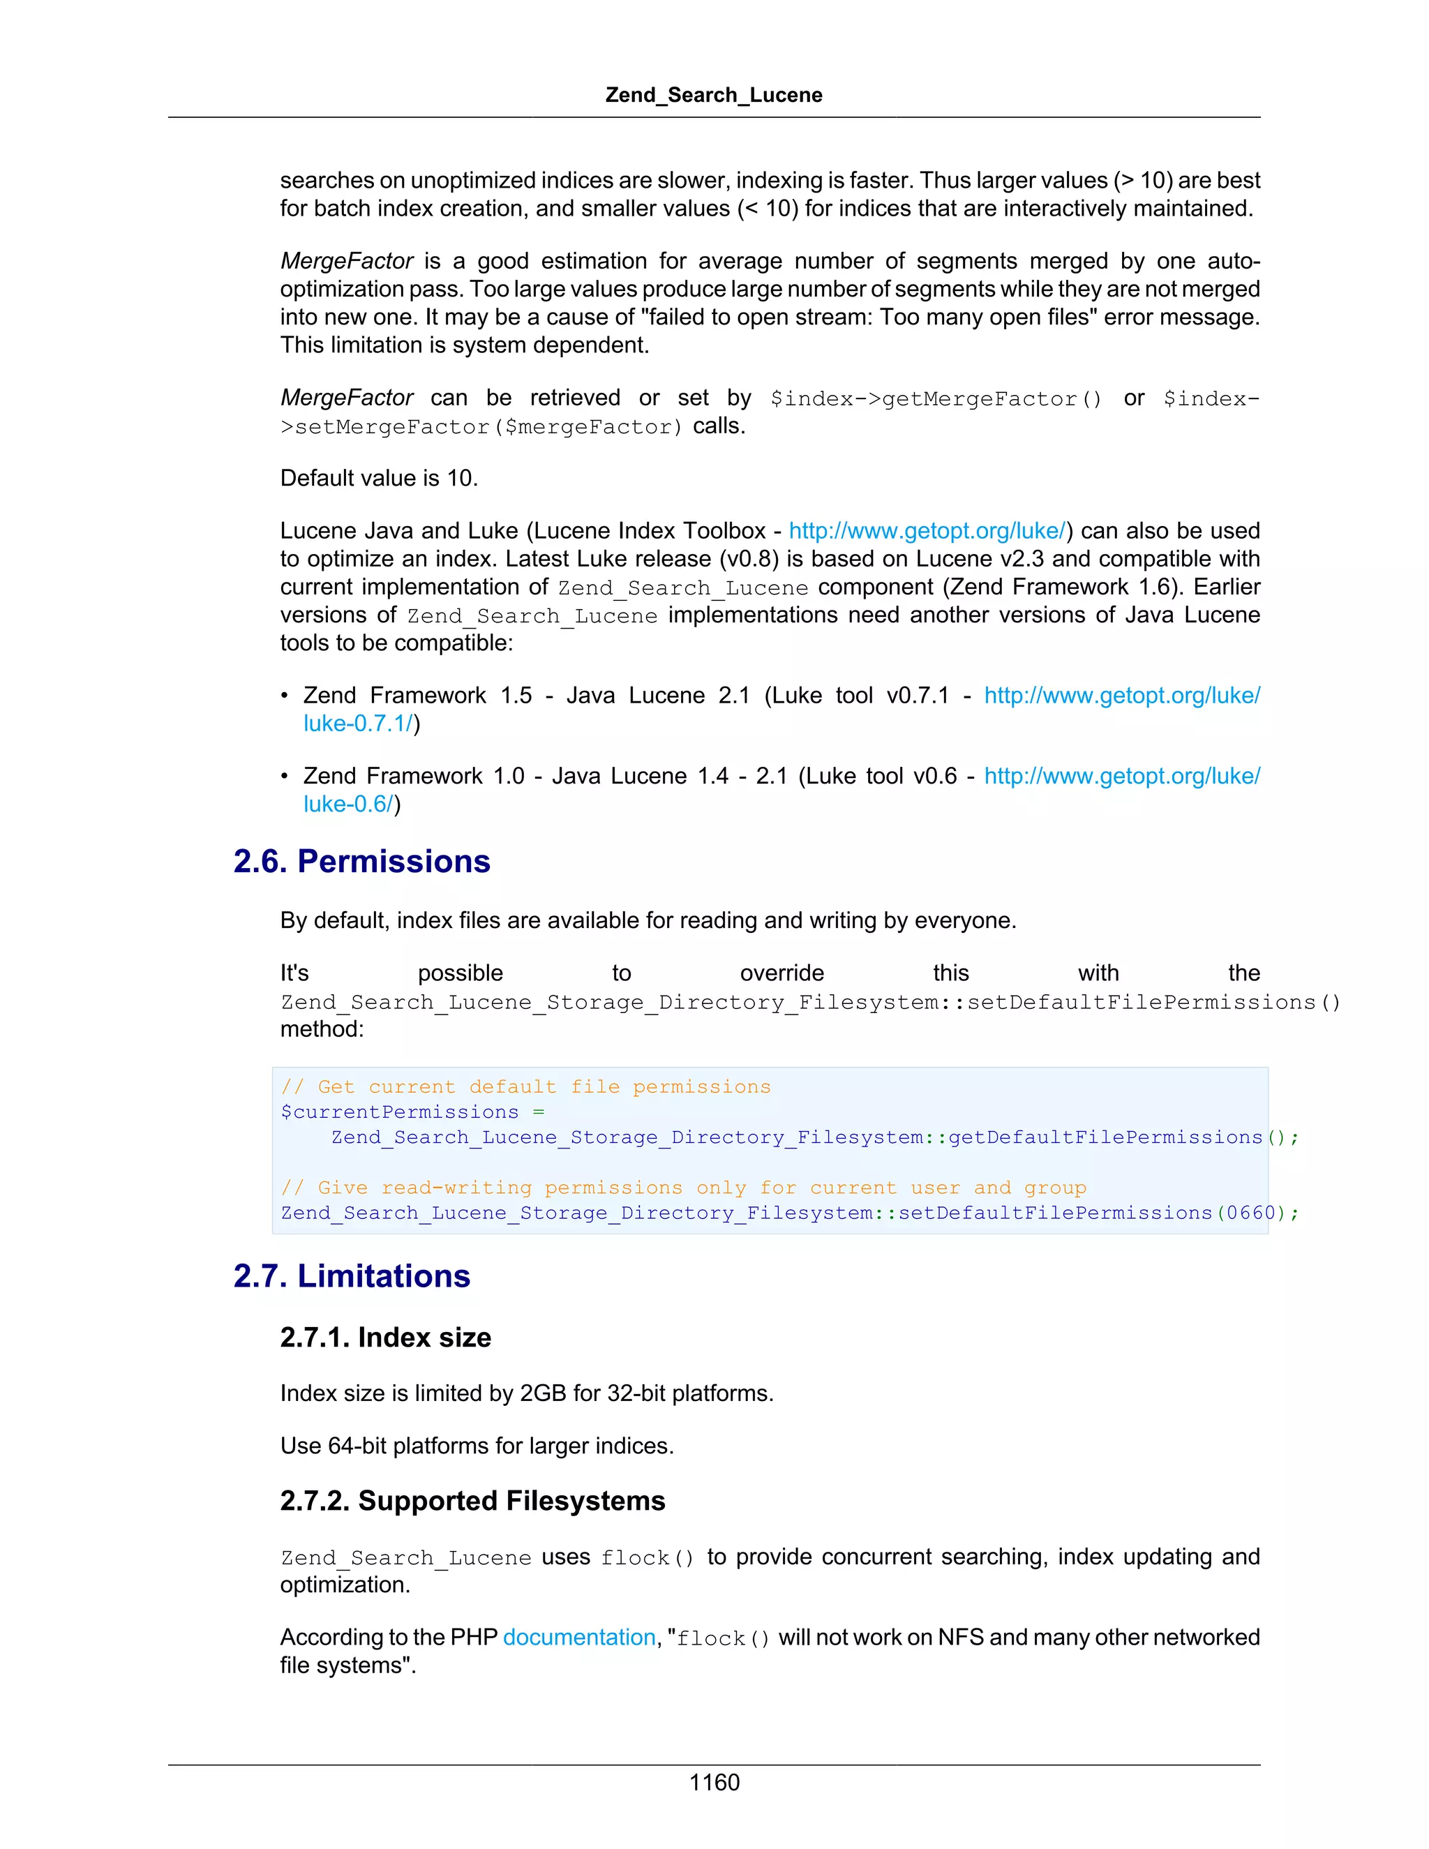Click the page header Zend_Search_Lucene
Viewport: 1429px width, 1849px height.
click(714, 95)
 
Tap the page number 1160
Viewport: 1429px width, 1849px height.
click(714, 1782)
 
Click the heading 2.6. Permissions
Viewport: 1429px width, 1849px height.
click(361, 861)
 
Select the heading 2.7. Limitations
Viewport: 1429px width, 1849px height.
click(352, 1276)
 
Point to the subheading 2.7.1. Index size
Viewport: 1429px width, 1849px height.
click(385, 1338)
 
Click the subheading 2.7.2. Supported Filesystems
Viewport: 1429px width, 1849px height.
click(472, 1500)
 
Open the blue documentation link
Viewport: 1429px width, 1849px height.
click(579, 1638)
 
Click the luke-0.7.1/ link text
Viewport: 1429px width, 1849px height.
click(357, 724)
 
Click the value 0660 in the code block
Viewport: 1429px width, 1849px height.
click(1250, 1213)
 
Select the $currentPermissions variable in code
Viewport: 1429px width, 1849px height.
click(400, 1112)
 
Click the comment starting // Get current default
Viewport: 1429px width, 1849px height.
click(525, 1087)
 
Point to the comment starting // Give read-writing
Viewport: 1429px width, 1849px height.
click(683, 1188)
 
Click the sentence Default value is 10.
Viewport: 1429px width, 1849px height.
click(380, 479)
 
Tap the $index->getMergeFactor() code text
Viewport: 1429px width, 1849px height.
click(936, 398)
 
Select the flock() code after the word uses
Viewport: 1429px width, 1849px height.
click(648, 1558)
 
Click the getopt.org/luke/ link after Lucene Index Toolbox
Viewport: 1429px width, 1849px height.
click(927, 531)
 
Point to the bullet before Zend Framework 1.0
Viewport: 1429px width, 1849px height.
click(285, 777)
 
